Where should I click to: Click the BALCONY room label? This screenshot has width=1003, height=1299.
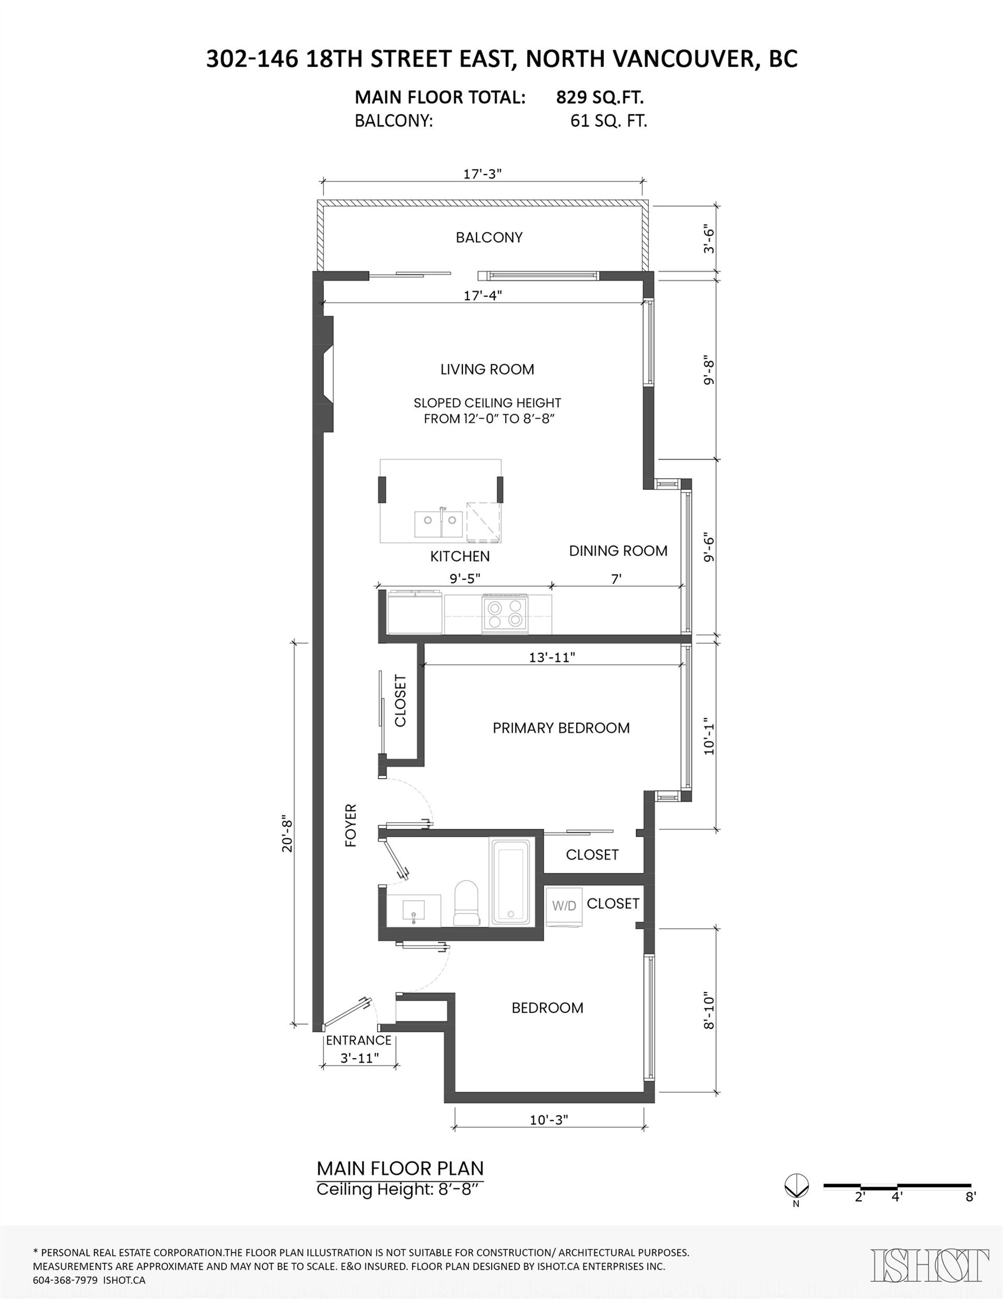[x=489, y=237]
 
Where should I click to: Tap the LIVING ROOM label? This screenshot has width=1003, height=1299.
[x=487, y=370]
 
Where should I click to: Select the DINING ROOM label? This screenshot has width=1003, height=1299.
[x=618, y=551]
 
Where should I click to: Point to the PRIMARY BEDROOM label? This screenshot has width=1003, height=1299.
[x=561, y=728]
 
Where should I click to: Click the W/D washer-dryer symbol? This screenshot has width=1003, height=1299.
[x=564, y=906]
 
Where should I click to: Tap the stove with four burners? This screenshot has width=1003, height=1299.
[x=505, y=613]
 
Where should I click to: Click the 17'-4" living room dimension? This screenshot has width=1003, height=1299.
[x=483, y=295]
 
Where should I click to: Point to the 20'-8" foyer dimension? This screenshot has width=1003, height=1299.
[x=288, y=833]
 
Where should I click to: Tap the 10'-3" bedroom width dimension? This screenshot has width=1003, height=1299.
[x=549, y=1120]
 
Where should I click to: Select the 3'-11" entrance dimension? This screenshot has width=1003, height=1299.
[x=360, y=1058]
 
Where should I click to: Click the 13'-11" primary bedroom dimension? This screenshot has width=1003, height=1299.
[x=552, y=657]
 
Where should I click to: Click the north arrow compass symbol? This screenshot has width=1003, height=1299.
[x=796, y=1186]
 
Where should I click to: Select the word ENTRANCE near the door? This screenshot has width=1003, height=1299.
[x=358, y=1040]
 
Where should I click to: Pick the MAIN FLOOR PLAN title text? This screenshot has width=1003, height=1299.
[x=400, y=1168]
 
